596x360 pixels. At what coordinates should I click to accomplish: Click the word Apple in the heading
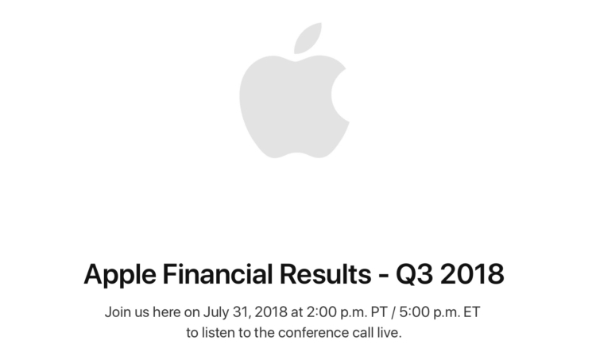(120, 275)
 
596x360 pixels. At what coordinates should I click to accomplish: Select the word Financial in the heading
(218, 273)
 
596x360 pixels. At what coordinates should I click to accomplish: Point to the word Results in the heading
(325, 273)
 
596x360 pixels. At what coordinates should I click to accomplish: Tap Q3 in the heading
(414, 274)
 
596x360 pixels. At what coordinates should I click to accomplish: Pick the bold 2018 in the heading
(472, 273)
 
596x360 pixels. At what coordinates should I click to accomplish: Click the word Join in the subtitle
(118, 312)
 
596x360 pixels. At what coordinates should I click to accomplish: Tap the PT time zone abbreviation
(379, 312)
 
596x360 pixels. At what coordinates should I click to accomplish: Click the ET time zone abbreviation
(472, 312)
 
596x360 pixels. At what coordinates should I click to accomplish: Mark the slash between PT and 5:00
(393, 312)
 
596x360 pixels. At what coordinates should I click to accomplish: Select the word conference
(313, 333)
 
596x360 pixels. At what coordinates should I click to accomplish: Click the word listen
(218, 333)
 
